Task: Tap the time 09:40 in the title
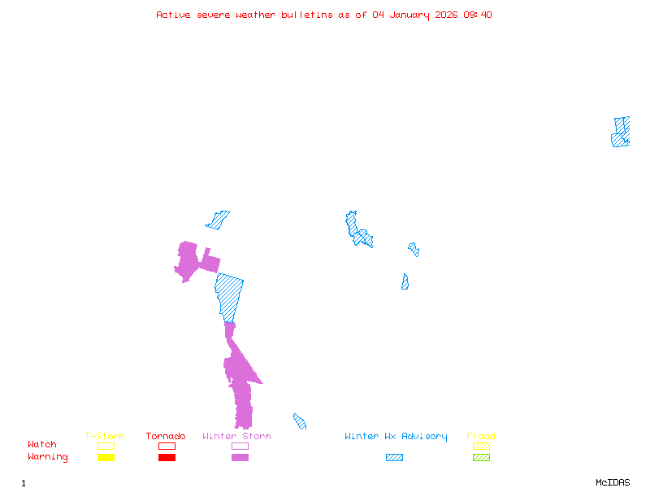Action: (479, 15)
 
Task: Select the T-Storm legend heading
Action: (105, 436)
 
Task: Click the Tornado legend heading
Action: (166, 436)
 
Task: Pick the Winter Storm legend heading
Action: (236, 436)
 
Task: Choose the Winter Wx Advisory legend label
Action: (396, 436)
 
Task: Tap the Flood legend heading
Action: (481, 436)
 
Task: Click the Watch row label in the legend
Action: (42, 445)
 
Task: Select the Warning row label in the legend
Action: (48, 457)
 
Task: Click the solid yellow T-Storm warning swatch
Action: (106, 458)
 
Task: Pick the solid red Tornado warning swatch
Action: (167, 458)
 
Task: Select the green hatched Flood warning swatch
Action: (481, 458)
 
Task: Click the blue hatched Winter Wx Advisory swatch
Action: (394, 458)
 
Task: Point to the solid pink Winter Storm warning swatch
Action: (240, 458)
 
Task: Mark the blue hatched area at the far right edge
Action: (621, 133)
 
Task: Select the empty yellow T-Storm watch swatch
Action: (106, 446)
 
